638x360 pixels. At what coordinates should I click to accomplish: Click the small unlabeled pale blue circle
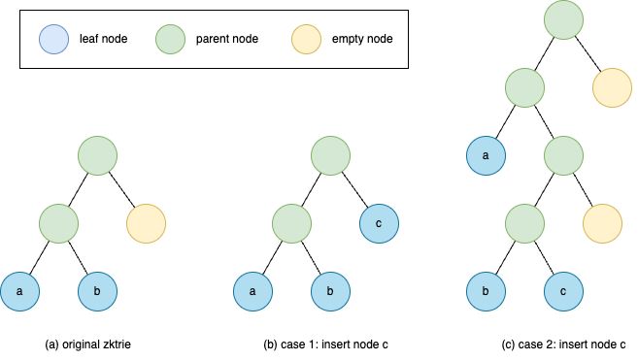[x=53, y=40]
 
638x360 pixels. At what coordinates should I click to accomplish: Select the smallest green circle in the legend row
[x=170, y=40]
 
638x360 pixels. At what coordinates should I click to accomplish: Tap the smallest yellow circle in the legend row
[x=306, y=40]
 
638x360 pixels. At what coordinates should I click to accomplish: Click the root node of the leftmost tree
[x=97, y=155]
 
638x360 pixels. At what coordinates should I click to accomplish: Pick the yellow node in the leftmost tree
[x=146, y=223]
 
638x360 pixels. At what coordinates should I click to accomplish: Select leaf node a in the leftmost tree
[x=19, y=291]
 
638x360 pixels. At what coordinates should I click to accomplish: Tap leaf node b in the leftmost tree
[x=97, y=291]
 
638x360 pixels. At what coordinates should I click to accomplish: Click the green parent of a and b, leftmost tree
[x=58, y=223]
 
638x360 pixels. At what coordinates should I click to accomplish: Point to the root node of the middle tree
[x=330, y=155]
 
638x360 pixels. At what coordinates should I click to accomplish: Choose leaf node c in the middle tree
[x=379, y=223]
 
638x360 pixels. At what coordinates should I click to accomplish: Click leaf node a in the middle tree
[x=252, y=291]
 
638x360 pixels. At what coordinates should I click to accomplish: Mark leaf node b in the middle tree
[x=330, y=291]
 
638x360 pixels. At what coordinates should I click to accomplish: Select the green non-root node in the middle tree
[x=291, y=223]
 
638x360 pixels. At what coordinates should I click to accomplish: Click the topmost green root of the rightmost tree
[x=563, y=20]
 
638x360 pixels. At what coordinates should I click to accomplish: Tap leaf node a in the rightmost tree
[x=486, y=155]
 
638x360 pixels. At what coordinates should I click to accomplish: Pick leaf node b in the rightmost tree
[x=486, y=291]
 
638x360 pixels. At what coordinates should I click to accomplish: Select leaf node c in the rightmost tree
[x=563, y=291]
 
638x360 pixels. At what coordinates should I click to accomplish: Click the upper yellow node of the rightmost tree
[x=612, y=87]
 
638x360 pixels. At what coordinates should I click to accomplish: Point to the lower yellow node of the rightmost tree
[x=602, y=223]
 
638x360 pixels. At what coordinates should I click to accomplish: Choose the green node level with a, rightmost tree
[x=563, y=155]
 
